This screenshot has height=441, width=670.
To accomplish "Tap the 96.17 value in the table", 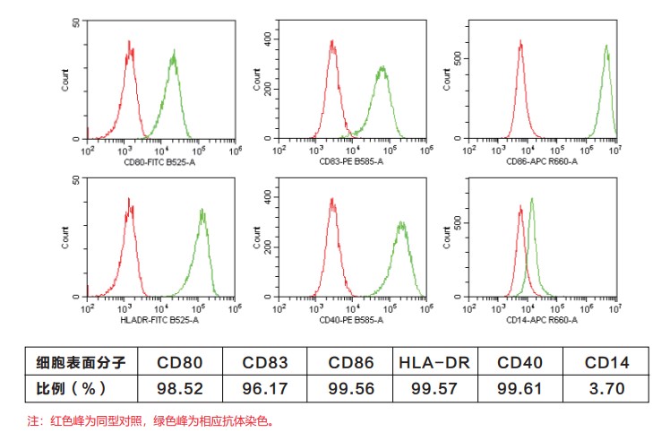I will pos(264,388).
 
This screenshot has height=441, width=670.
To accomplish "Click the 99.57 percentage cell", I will pos(436,388).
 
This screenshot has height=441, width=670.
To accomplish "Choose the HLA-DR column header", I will pos(436,363).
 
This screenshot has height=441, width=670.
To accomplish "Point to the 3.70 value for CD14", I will pos(606,388).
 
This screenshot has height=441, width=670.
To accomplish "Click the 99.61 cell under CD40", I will pos(520,388).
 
